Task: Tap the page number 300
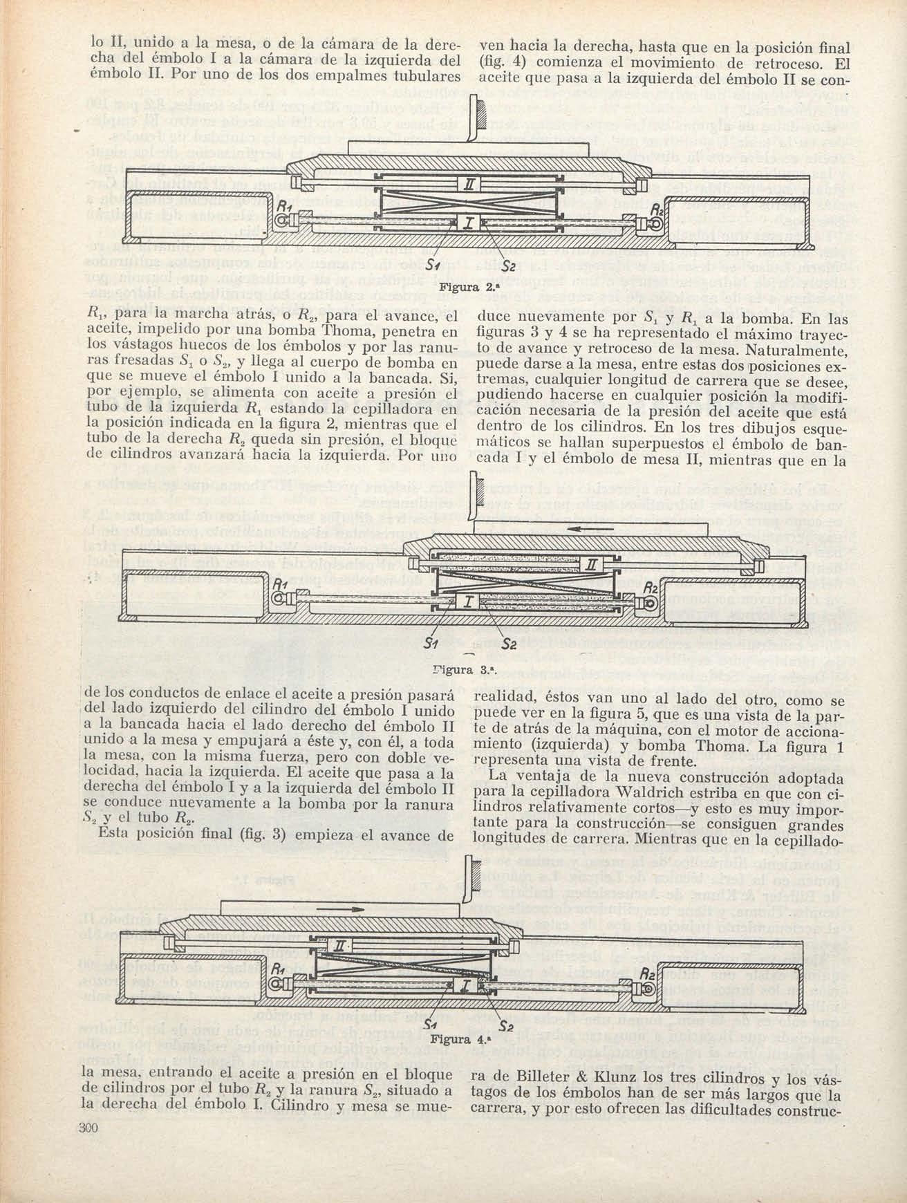(90, 1128)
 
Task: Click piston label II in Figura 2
(469, 183)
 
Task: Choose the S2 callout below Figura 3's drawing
(509, 644)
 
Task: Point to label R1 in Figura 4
(278, 970)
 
